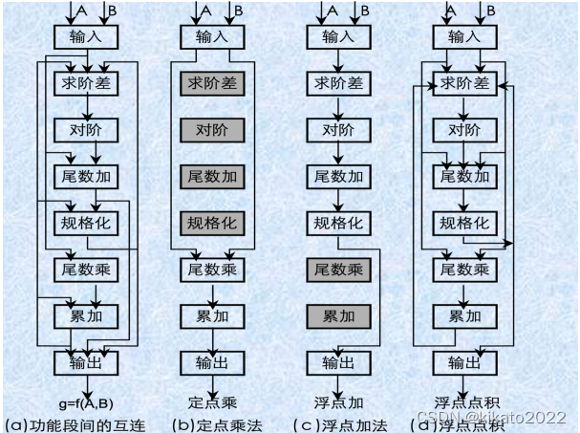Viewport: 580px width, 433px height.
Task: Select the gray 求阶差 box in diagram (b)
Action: coord(210,84)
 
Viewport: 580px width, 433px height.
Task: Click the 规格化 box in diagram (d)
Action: coord(463,224)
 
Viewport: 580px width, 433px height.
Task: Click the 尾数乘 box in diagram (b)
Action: coord(210,270)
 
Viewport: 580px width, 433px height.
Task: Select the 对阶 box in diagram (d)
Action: coord(463,130)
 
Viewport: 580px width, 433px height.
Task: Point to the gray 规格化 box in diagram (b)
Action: coord(210,224)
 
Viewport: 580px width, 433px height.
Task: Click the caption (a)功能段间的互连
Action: coord(75,422)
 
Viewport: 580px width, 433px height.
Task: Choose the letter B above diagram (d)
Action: coord(491,10)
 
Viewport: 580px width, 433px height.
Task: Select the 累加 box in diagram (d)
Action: coord(463,316)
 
